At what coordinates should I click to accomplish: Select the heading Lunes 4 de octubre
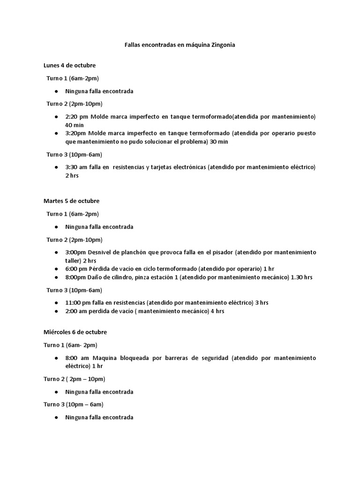[69, 65]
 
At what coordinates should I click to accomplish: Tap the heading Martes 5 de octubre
[71, 201]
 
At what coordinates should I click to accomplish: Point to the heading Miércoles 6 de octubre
[75, 332]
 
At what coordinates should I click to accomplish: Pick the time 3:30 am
[76, 167]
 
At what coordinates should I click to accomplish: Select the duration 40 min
[75, 125]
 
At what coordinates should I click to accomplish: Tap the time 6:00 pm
[76, 269]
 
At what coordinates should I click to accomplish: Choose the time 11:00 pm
[78, 302]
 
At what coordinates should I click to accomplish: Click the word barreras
[180, 358]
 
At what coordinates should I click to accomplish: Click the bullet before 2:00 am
[56, 311]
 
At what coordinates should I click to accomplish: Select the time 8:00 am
[77, 358]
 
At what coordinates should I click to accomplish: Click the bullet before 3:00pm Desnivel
[56, 252]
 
